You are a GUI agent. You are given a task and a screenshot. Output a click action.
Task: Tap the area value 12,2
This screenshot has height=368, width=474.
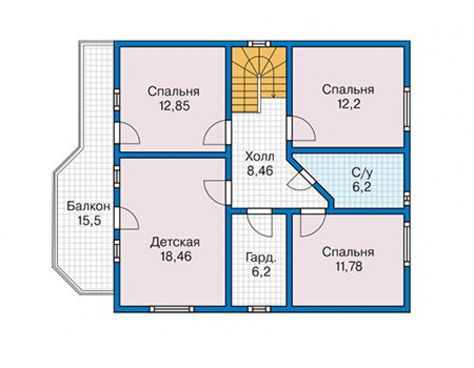(348, 104)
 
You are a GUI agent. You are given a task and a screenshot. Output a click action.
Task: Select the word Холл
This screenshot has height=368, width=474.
(260, 157)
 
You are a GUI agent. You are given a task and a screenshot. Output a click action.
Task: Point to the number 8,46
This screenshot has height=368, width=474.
(260, 171)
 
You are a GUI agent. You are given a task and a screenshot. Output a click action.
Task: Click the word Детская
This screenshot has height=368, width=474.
(175, 242)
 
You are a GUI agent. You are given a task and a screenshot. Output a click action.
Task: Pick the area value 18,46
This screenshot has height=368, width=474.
(176, 256)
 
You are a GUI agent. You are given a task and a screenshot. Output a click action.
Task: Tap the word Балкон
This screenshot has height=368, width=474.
(88, 207)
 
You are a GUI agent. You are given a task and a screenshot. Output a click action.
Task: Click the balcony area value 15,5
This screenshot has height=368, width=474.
(89, 221)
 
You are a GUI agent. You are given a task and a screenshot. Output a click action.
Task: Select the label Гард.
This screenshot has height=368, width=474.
(261, 258)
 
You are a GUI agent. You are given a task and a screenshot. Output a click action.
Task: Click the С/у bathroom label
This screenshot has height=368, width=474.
(362, 173)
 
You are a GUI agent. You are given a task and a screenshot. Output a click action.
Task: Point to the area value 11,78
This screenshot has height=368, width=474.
(348, 267)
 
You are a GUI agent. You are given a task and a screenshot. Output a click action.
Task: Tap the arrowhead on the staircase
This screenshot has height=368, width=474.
(273, 96)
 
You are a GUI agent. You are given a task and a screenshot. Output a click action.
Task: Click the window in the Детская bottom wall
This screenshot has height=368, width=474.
(172, 309)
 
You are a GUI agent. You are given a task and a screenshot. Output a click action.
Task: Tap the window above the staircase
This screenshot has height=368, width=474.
(259, 44)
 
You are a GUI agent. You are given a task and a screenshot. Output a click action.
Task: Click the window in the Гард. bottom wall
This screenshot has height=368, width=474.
(259, 309)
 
